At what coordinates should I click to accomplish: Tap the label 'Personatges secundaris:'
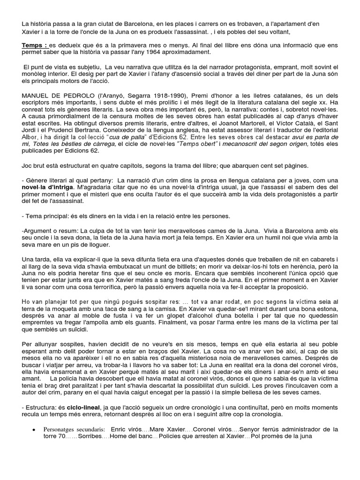75,429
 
